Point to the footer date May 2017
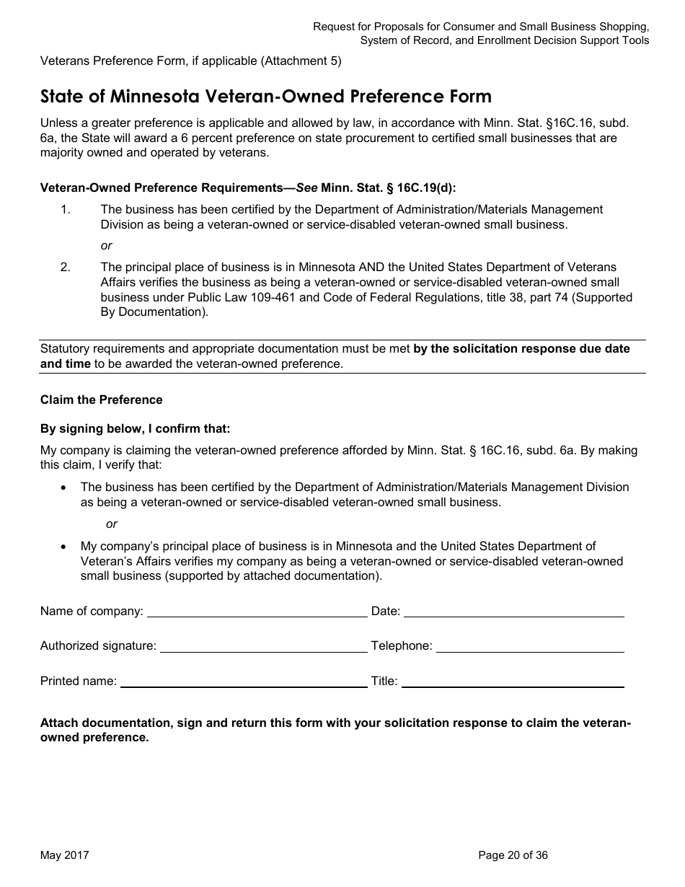click(65, 855)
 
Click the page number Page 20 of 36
click(513, 855)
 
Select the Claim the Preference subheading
click(102, 400)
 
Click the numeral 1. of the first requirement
click(66, 209)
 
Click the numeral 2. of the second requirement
click(66, 267)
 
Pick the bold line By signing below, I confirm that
click(136, 428)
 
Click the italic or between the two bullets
click(112, 524)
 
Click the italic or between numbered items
click(107, 246)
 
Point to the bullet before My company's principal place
click(64, 547)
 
